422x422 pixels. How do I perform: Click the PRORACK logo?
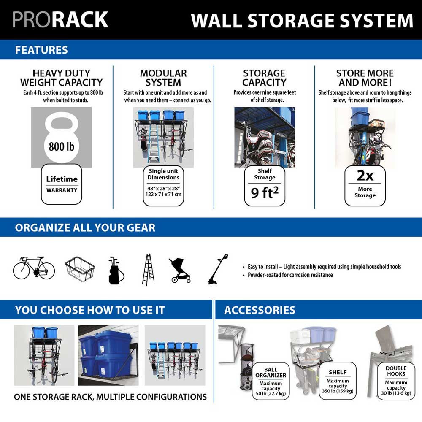click(x=60, y=20)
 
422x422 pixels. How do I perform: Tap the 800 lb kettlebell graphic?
click(x=62, y=137)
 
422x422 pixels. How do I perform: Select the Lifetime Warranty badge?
click(x=62, y=184)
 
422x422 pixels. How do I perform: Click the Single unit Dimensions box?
click(x=163, y=186)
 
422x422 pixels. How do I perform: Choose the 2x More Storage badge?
click(x=365, y=185)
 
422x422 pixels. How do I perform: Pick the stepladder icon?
click(x=148, y=269)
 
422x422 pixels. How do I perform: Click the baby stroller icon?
click(x=179, y=270)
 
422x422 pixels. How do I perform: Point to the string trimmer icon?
click(x=218, y=269)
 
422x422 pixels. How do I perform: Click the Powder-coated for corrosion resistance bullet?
click(x=287, y=275)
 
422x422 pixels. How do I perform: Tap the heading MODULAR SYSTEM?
click(x=163, y=78)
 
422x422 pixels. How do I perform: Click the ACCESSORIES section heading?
click(x=260, y=311)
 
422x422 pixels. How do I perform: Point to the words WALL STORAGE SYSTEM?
click(x=302, y=20)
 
